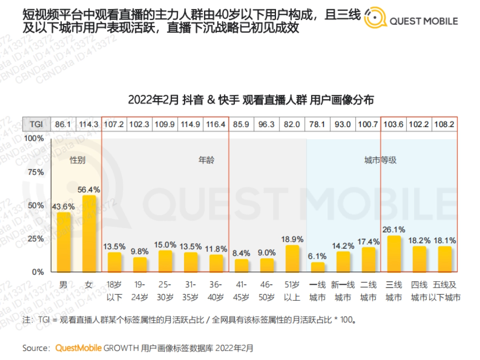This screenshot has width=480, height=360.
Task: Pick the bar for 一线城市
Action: click(x=318, y=267)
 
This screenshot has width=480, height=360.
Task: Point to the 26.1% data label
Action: click(x=394, y=230)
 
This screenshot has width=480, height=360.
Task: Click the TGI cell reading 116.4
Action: click(x=216, y=124)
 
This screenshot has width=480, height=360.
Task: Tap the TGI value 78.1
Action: click(x=318, y=124)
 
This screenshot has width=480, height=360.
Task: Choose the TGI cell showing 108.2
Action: click(x=444, y=124)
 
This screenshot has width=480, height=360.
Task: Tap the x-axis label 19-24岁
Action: click(x=140, y=291)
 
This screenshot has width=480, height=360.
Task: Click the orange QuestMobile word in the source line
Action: click(x=78, y=348)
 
